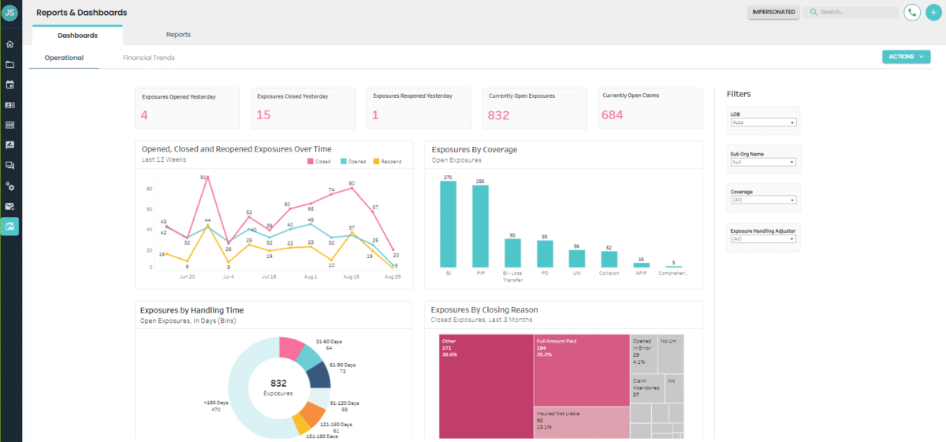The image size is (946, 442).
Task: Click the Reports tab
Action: (178, 35)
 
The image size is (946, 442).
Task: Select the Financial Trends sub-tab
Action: (149, 58)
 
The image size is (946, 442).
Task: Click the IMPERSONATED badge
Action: (773, 13)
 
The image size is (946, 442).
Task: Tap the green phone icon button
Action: (912, 13)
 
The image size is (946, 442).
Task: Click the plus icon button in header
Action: (933, 13)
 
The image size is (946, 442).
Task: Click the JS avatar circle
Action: (10, 12)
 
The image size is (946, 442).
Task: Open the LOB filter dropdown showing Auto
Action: (764, 122)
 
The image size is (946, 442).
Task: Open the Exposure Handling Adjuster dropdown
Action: (764, 238)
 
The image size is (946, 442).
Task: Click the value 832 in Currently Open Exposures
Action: (499, 115)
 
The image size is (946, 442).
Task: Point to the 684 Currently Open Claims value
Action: (613, 115)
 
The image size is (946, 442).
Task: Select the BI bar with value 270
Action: (449, 225)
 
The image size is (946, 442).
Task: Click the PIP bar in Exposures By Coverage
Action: (480, 227)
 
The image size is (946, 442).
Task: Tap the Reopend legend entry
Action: (387, 161)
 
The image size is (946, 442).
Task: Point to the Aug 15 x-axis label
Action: (351, 277)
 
